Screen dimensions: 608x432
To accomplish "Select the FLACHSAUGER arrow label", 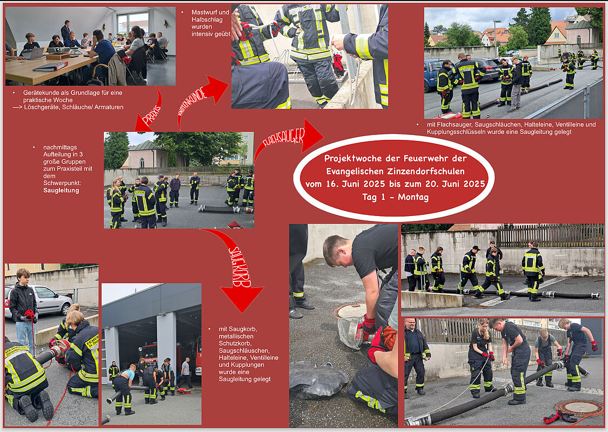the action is (x=284, y=137).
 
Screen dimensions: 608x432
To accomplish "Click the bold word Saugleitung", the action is (x=61, y=190).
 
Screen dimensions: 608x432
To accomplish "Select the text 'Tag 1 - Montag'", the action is (x=396, y=197).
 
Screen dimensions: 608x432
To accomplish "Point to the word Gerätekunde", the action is (x=41, y=93).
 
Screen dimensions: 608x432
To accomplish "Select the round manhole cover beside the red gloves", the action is (x=577, y=408).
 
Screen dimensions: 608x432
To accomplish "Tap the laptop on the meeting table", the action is (x=32, y=53).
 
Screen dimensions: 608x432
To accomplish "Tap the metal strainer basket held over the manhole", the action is (x=350, y=332).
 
